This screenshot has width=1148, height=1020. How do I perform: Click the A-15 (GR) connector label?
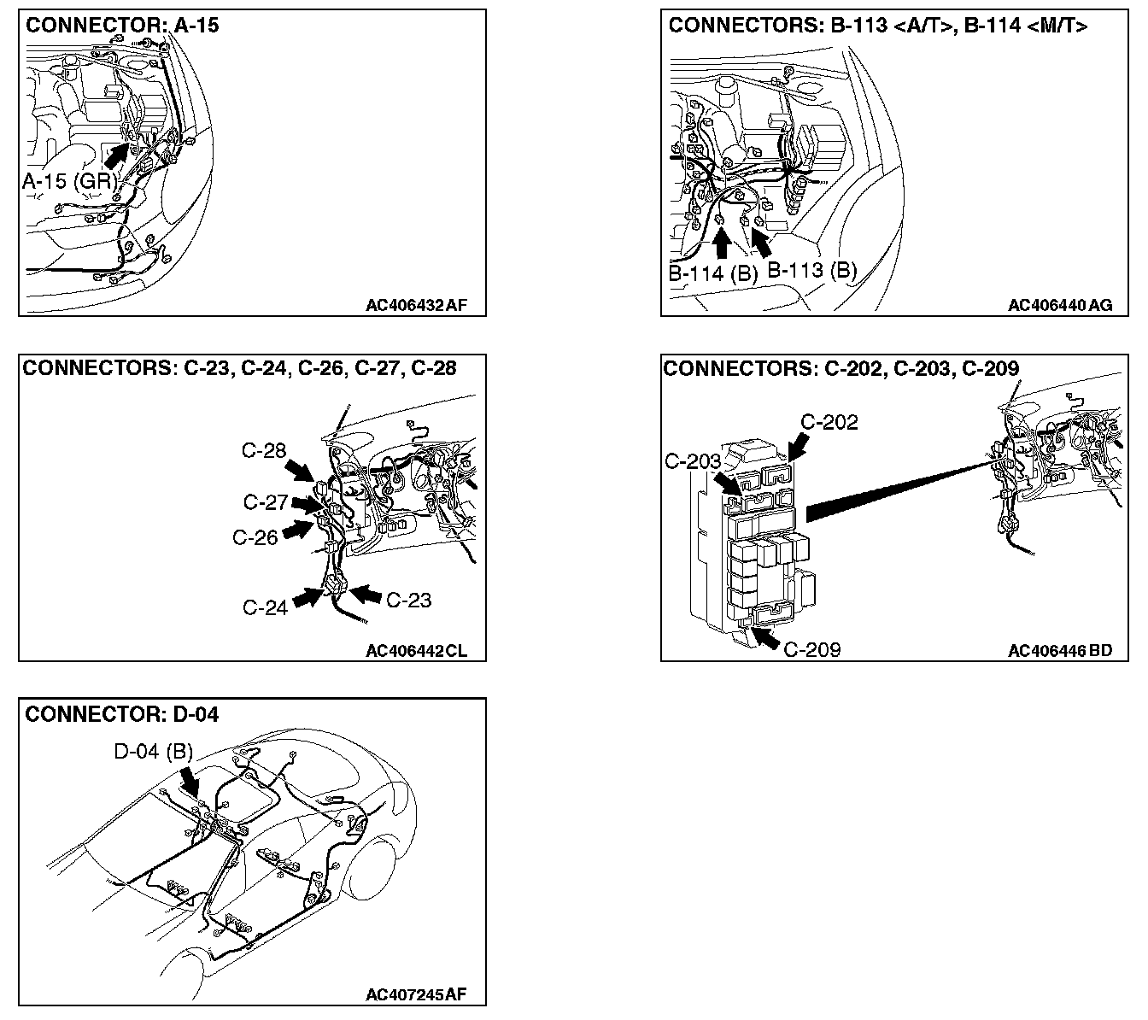[x=69, y=182]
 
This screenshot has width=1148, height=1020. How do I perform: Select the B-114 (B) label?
[x=713, y=273]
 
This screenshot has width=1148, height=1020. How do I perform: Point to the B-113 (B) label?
[x=811, y=270]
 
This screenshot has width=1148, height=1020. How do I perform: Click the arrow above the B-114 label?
[x=722, y=243]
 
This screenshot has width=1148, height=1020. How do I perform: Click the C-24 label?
[x=265, y=607]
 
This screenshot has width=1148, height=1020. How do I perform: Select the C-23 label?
[x=408, y=600]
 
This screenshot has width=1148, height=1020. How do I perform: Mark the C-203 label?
[x=693, y=462]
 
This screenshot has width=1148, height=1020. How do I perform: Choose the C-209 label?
[x=811, y=649]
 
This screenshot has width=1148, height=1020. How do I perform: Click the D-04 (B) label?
[x=154, y=752]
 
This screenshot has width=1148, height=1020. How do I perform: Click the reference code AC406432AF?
[x=416, y=305]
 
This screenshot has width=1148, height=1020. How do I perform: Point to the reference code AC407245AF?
[x=416, y=994]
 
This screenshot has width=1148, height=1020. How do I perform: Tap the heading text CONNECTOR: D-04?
[x=122, y=714]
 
